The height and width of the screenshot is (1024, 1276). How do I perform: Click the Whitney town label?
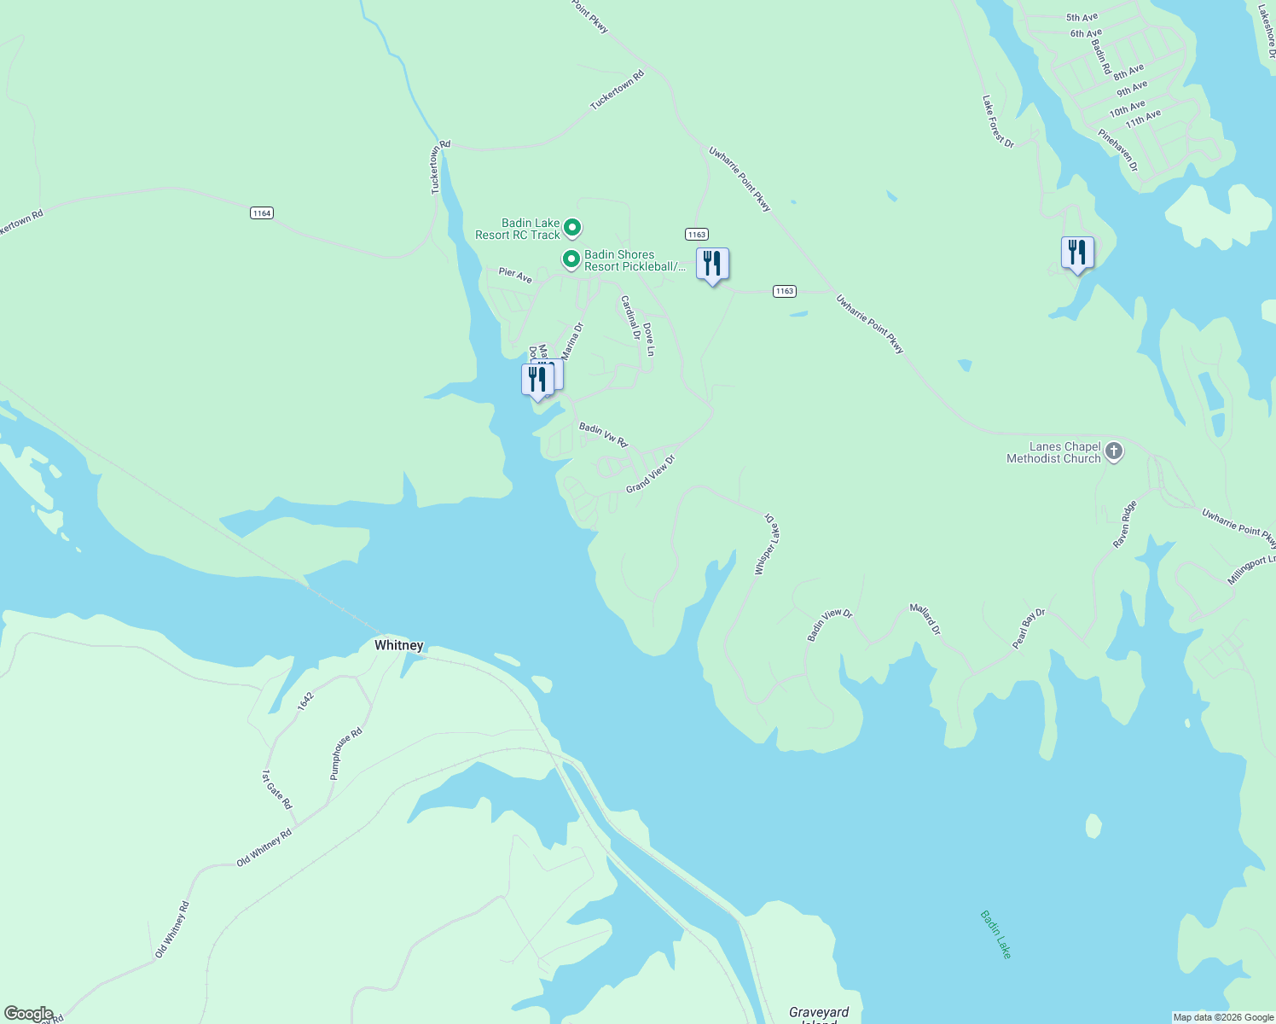tap(398, 645)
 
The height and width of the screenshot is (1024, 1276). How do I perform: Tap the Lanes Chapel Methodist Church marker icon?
tap(1114, 451)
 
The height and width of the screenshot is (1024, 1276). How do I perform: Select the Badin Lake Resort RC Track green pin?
tap(573, 228)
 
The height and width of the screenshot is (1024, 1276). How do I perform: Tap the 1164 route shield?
tap(262, 212)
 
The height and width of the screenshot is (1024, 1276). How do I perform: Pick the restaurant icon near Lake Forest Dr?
tap(1077, 253)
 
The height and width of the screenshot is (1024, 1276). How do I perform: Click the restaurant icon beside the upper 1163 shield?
tap(712, 265)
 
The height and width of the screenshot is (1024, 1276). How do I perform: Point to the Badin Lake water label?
tap(995, 934)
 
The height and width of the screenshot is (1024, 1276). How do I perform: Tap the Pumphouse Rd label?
tap(346, 753)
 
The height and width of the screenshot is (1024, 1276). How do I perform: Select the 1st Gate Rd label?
tap(276, 790)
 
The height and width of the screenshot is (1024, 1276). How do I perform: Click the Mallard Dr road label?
tap(925, 619)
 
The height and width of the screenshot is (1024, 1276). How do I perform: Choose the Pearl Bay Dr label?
tap(1029, 629)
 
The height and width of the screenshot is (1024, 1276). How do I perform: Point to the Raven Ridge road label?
tap(1125, 524)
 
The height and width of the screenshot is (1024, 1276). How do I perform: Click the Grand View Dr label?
tap(650, 474)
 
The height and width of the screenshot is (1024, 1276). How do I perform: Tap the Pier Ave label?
tap(515, 274)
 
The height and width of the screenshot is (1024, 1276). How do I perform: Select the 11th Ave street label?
tap(1143, 118)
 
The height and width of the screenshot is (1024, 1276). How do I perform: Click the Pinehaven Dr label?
tap(1118, 150)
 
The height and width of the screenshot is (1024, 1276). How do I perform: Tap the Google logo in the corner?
tap(28, 1014)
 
